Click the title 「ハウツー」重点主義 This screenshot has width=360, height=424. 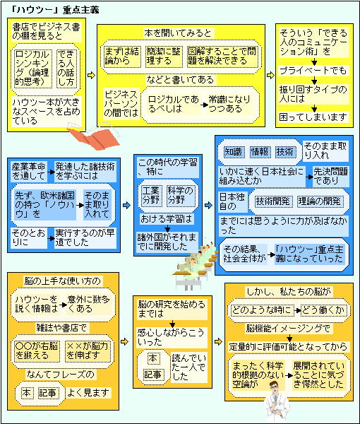55,10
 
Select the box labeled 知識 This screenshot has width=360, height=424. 234,152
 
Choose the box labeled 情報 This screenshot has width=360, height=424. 259,152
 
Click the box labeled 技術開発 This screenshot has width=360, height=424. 272,201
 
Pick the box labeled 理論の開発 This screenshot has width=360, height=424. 320,201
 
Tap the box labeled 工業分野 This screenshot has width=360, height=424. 151,196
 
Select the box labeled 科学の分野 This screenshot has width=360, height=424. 181,196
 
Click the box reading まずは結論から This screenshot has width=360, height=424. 122,57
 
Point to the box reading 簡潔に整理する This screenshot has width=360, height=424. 164,57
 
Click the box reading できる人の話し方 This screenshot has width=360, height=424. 66,69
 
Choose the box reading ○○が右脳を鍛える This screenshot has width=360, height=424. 37,351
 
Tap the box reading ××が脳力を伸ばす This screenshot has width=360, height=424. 88,351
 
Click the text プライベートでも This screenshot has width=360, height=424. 313,71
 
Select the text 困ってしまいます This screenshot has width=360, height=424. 313,117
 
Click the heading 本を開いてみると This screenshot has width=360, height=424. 178,33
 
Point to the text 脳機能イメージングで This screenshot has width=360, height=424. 288,329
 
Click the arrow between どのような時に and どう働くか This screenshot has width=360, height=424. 297,310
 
